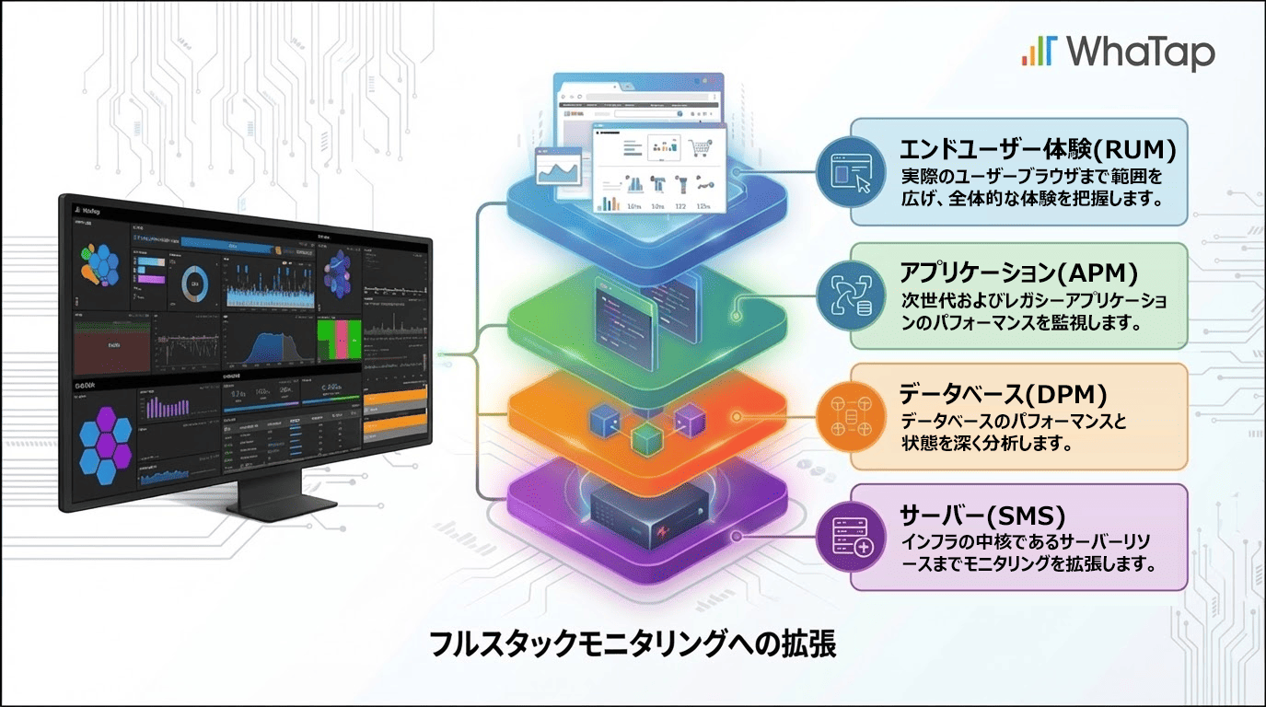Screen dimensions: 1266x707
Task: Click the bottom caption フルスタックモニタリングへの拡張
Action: [633, 644]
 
